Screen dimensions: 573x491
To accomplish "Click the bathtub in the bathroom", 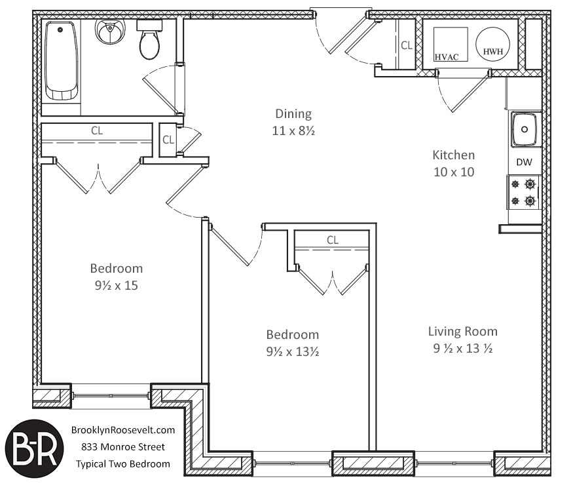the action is point(62,61).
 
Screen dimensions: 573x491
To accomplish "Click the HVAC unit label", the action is point(446,57).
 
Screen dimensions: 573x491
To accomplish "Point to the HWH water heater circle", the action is point(492,45).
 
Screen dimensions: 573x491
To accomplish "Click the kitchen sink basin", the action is point(525,130).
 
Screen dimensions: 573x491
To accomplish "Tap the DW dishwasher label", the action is point(524,162).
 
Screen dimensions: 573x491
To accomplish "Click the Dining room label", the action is point(293,114).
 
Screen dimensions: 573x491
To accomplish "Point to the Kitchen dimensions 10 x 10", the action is point(454,172).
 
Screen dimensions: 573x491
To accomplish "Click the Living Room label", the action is point(462,332).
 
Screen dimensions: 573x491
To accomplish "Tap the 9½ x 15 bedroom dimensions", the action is point(116,285).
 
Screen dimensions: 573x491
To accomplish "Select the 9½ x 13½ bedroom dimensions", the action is point(292,351).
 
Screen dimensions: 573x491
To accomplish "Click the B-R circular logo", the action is point(34,448).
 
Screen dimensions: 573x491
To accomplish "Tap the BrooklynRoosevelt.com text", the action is point(123,430).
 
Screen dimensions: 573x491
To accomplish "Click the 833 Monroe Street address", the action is point(123,446).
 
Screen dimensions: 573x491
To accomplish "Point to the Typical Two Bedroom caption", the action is point(123,464).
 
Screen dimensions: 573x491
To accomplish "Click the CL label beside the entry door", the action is point(407,45).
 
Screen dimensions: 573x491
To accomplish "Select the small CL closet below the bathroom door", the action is point(168,140).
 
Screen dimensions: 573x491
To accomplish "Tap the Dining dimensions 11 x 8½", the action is point(293,130).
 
